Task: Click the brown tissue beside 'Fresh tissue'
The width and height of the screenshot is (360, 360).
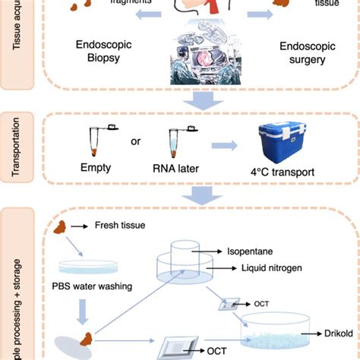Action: pyautogui.click(x=77, y=226)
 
